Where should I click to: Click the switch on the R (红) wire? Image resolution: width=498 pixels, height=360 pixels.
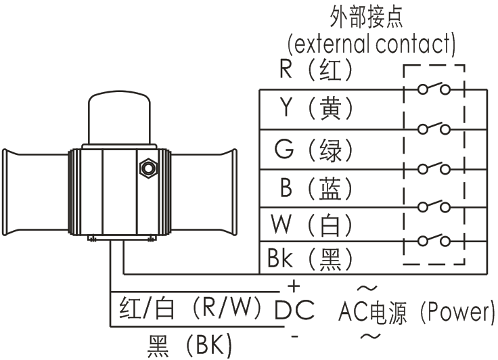coord(432,88)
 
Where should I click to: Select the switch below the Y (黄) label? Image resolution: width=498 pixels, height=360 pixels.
coord(432,128)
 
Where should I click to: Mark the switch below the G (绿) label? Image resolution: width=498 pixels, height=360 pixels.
coord(432,166)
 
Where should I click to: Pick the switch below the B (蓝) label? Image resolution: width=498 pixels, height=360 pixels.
coord(432,204)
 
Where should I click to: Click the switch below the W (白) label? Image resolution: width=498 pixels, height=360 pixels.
coord(432,240)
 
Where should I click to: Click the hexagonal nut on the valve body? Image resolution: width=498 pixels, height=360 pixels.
coord(145,167)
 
